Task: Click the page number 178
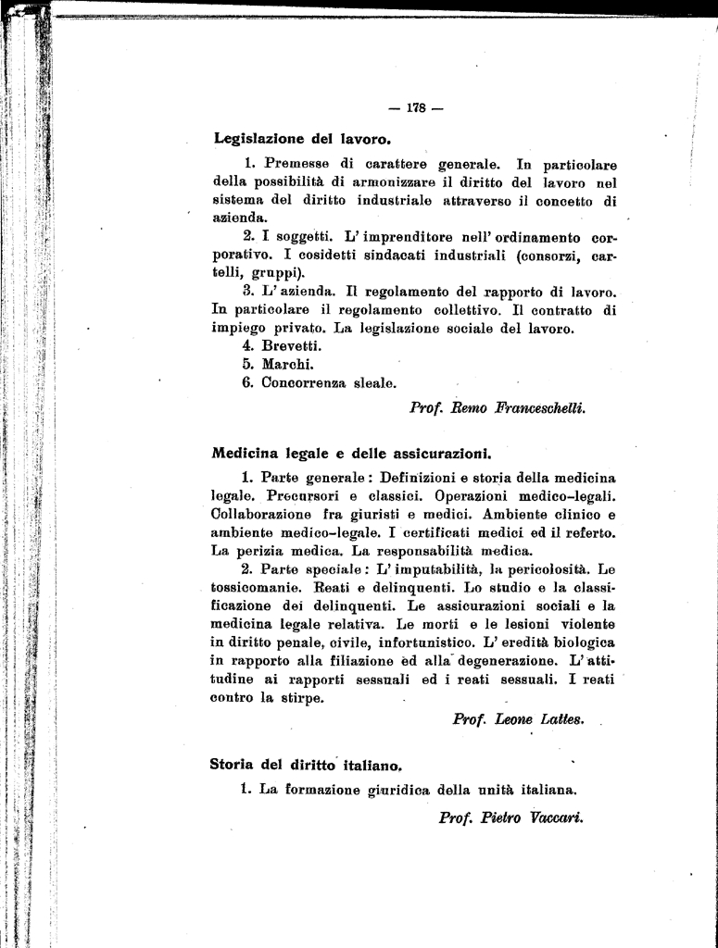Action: pyautogui.click(x=415, y=108)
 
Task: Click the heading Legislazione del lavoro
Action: pyautogui.click(x=302, y=139)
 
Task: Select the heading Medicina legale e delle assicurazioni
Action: pyautogui.click(x=351, y=454)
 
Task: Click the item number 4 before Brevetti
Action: pyautogui.click(x=247, y=345)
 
